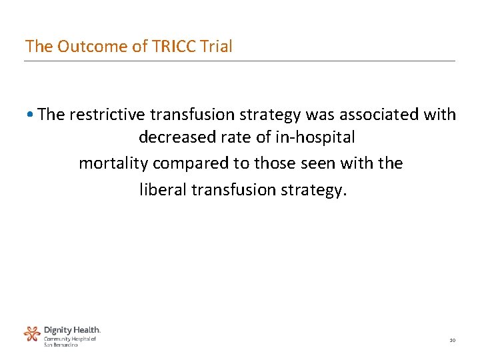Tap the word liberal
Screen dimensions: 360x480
(163, 190)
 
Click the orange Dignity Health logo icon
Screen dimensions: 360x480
(32, 333)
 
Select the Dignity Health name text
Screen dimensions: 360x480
(72, 330)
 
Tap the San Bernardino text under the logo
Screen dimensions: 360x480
(61, 345)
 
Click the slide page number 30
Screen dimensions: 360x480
(452, 341)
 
